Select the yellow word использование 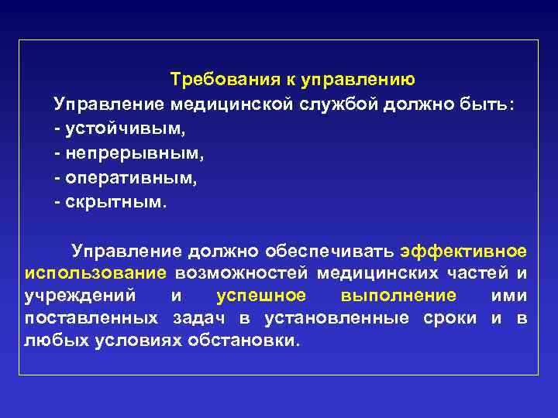point(95,273)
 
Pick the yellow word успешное point(261,296)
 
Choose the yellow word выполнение point(398,296)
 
